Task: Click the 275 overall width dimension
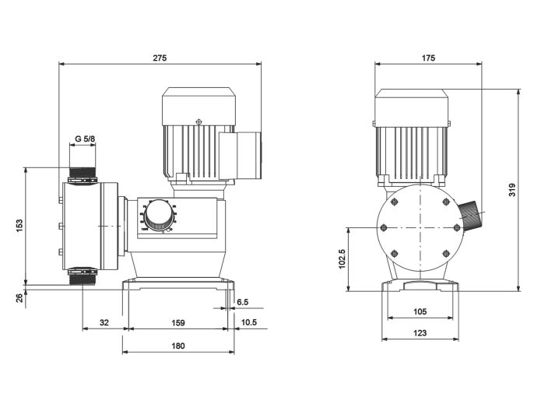pyautogui.click(x=160, y=58)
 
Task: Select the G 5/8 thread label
pyautogui.click(x=85, y=139)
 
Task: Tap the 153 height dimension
pyautogui.click(x=19, y=224)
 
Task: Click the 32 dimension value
pyautogui.click(x=104, y=321)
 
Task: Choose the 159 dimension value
pyautogui.click(x=177, y=321)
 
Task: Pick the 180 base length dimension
pyautogui.click(x=178, y=346)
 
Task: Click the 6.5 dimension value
pyautogui.click(x=242, y=301)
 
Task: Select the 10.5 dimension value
pyautogui.click(x=249, y=321)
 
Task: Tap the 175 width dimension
pyautogui.click(x=428, y=58)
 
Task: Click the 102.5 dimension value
pyautogui.click(x=342, y=258)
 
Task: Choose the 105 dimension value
pyautogui.click(x=420, y=311)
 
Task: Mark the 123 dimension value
pyautogui.click(x=420, y=333)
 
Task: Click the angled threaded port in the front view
pyautogui.click(x=470, y=216)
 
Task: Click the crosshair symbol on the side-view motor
pyautogui.click(x=199, y=121)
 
